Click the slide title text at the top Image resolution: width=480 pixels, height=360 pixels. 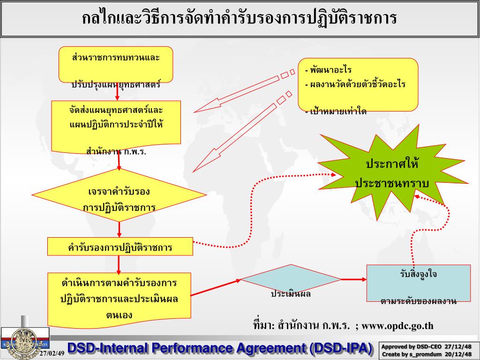tap(240, 19)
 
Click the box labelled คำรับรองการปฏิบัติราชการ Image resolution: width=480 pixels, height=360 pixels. tap(120, 247)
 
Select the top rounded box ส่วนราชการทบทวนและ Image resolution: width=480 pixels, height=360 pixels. tap(116, 64)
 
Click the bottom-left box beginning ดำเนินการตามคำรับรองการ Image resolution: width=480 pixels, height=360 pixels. tap(119, 299)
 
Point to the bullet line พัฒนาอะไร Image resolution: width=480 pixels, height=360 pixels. tap(330, 70)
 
